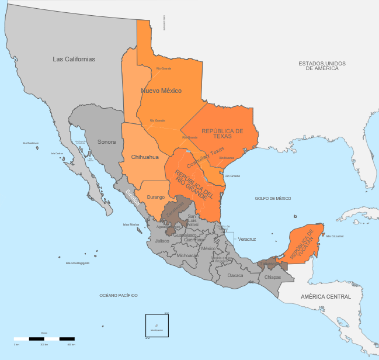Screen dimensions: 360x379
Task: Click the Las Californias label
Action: point(74,59)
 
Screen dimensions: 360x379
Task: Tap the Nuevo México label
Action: point(161,91)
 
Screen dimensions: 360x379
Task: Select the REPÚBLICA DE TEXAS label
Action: point(222,133)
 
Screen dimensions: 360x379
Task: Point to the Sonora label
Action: point(106,142)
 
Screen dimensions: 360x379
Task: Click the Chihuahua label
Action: point(145,156)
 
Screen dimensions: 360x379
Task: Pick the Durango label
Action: point(155,197)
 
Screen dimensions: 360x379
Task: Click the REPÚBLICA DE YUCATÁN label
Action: point(304,244)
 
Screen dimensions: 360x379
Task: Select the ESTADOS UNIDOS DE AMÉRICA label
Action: point(322,65)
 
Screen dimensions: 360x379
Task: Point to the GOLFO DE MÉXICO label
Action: point(273,199)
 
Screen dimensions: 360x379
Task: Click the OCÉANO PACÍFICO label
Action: point(119,296)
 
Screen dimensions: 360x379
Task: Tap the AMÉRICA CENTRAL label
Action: point(326,297)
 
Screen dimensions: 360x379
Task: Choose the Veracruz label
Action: point(248,239)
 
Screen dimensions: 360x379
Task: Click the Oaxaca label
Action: point(235,275)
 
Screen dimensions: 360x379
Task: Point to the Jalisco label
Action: point(162,241)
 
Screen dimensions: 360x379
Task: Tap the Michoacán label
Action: point(187,255)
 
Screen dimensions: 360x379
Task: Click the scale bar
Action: point(44,338)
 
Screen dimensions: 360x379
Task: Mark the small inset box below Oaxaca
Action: point(157,326)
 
